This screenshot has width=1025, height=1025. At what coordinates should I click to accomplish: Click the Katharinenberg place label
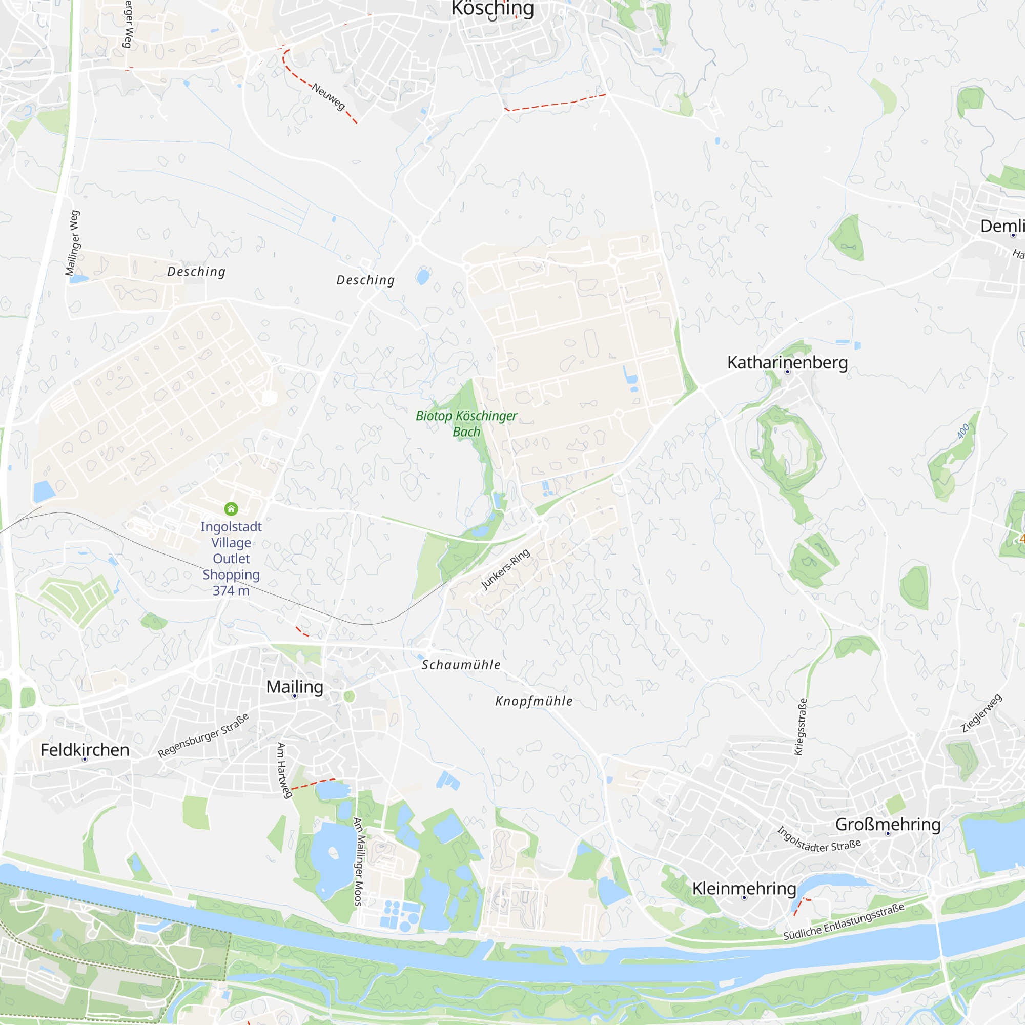tap(787, 363)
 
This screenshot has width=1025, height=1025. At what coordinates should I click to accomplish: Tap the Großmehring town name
tap(888, 825)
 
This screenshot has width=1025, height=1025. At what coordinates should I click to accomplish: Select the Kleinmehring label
tap(744, 888)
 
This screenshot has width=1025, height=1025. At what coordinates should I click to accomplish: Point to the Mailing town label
tap(295, 687)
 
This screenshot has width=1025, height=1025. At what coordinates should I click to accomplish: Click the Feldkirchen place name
tap(85, 750)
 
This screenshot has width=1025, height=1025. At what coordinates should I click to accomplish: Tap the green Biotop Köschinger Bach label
tap(466, 423)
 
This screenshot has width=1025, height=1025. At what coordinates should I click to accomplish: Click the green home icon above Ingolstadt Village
tap(231, 509)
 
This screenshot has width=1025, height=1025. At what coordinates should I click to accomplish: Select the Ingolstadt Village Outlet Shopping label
tap(231, 558)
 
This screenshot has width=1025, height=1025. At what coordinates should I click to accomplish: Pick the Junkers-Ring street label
tap(505, 569)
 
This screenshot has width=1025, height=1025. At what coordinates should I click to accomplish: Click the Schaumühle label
tap(461, 665)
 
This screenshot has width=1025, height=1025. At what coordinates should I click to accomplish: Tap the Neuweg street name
tap(329, 96)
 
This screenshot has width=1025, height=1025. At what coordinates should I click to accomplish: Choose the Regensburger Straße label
tap(203, 735)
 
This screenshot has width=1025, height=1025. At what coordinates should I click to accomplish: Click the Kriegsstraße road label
tap(800, 726)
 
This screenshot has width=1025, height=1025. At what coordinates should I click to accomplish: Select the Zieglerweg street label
tap(981, 713)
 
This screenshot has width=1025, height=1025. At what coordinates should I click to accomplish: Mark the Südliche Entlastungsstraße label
tap(844, 922)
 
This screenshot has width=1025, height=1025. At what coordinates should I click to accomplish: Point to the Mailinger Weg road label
tap(73, 243)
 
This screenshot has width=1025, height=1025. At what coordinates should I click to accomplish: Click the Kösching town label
tap(493, 9)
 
